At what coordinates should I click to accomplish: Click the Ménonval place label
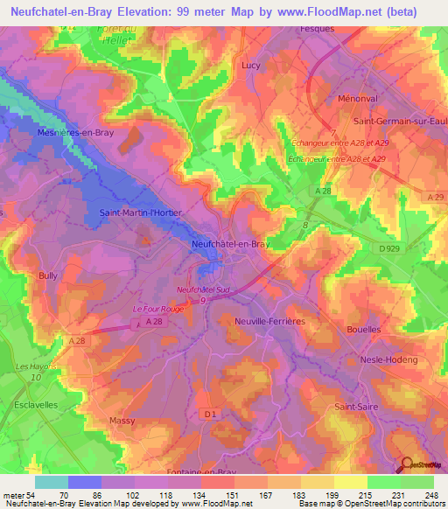357,99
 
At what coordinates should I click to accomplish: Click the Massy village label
122,421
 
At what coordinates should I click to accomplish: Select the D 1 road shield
209,413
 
